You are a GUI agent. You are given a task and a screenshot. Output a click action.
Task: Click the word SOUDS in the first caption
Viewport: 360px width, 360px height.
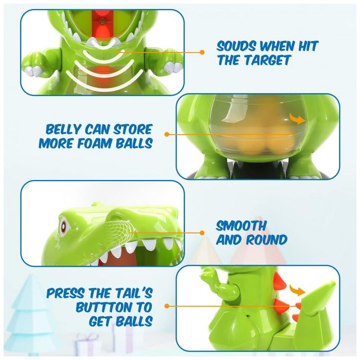[x=236, y=46]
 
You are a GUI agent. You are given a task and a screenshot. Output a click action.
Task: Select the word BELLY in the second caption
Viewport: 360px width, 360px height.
[x=63, y=129]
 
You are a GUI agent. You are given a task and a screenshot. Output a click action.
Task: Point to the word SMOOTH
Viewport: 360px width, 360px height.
[x=241, y=226]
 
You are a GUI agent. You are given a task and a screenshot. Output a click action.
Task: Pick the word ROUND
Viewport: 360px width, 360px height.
[x=267, y=240]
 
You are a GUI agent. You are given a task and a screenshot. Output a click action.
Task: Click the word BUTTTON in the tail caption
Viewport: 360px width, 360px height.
[x=114, y=307]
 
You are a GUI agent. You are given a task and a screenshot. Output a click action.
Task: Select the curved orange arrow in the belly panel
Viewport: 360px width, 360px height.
[x=297, y=118]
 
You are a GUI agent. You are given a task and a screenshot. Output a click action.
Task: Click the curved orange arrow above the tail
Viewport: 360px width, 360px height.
[x=297, y=290]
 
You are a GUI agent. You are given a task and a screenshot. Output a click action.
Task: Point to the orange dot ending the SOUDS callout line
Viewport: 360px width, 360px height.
[x=202, y=52]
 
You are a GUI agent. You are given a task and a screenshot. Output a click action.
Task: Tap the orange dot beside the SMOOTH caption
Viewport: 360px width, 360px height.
[x=202, y=233]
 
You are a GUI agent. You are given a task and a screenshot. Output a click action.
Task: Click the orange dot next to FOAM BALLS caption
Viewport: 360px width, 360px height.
[x=167, y=134]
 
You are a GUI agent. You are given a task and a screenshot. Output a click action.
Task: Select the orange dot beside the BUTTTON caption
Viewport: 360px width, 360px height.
[x=167, y=306]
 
